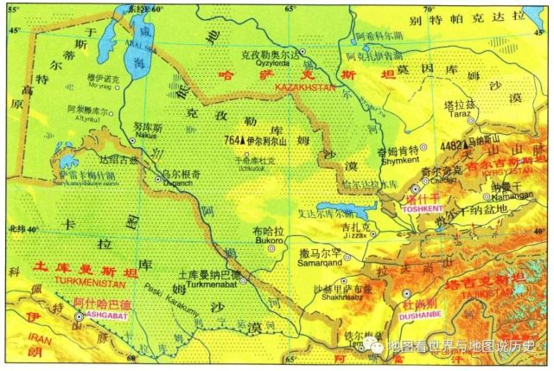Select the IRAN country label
coord(16,342)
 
